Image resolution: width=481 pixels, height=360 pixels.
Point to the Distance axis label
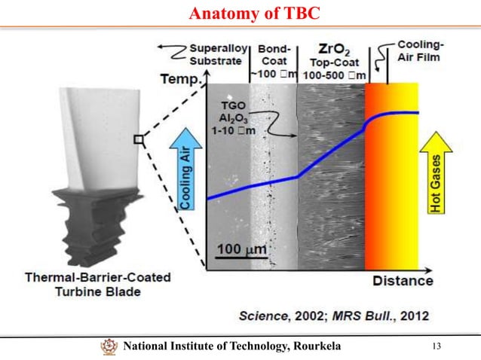pyautogui.click(x=403, y=281)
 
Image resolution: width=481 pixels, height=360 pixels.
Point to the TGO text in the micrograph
pyautogui.click(x=233, y=106)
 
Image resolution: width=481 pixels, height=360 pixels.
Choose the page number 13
pyautogui.click(x=436, y=346)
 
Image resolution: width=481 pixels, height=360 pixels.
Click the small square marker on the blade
pyautogui.click(x=139, y=138)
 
